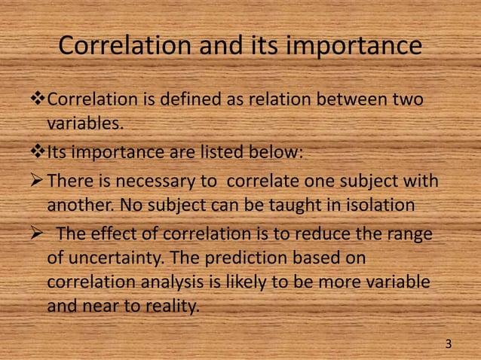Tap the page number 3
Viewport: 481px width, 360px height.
tap(449, 344)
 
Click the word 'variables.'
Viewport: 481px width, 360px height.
tap(84, 122)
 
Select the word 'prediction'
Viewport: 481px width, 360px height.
tap(240, 257)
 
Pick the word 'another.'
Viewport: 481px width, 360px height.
tap(78, 204)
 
